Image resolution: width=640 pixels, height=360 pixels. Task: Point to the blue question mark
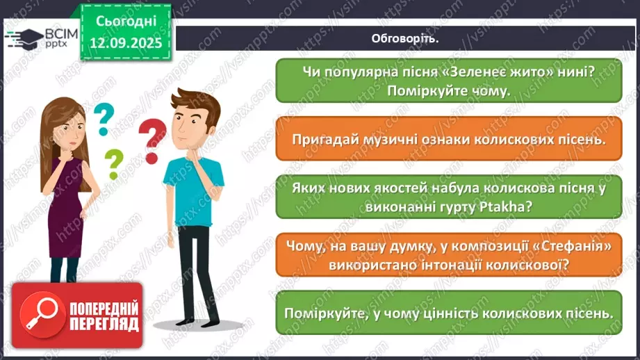103,118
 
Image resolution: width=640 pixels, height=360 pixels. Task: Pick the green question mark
113,164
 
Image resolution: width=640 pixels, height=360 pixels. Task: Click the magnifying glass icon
37,315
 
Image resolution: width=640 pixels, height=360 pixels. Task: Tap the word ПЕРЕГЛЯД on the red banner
104,325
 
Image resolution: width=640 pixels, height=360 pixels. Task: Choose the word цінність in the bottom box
466,313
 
